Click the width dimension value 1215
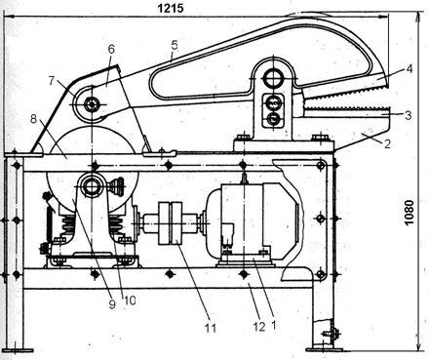tap(171, 8)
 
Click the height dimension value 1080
tap(409, 213)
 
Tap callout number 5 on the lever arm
tap(175, 45)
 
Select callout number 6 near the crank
tap(111, 50)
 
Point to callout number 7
tap(52, 81)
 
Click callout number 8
tap(33, 119)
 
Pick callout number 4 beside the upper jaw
tap(409, 69)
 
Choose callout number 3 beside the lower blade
tap(409, 115)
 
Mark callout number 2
tap(387, 143)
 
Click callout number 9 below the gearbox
tap(112, 304)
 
